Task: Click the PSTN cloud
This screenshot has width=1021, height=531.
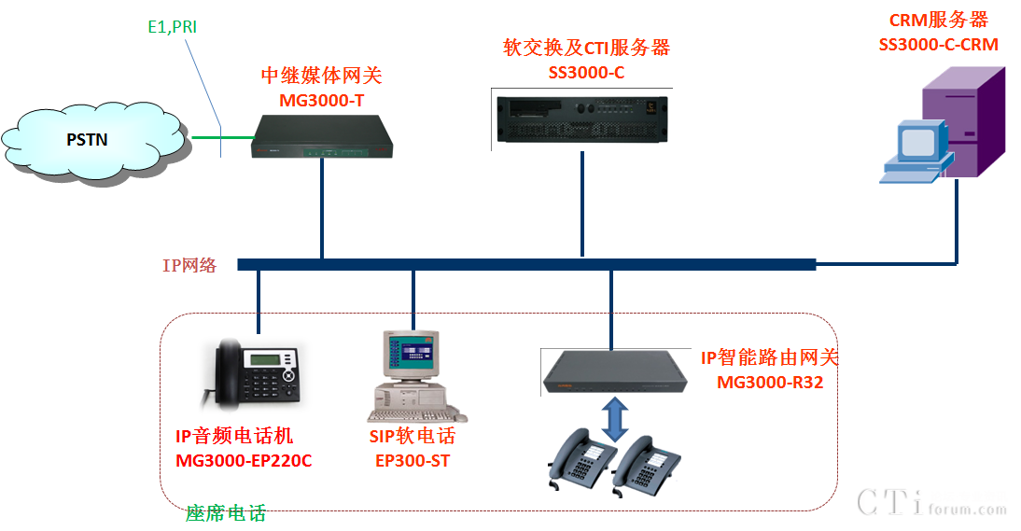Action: [x=90, y=139]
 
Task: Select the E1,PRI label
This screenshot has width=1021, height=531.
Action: [x=173, y=27]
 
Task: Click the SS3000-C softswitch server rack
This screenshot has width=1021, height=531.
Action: [x=581, y=118]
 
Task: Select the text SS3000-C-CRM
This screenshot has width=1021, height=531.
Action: [x=938, y=44]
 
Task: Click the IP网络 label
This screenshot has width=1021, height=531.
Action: [x=189, y=265]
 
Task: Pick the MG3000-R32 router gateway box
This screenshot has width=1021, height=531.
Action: [x=614, y=370]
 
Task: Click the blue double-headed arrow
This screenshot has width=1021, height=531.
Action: [x=613, y=419]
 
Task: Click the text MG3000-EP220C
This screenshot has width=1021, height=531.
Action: [x=244, y=460]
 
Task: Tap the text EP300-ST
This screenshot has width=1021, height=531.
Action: [x=413, y=460]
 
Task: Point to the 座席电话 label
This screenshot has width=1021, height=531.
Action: [x=226, y=513]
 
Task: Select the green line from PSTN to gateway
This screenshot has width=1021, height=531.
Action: [x=222, y=139]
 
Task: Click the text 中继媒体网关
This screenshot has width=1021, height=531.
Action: [x=321, y=76]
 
